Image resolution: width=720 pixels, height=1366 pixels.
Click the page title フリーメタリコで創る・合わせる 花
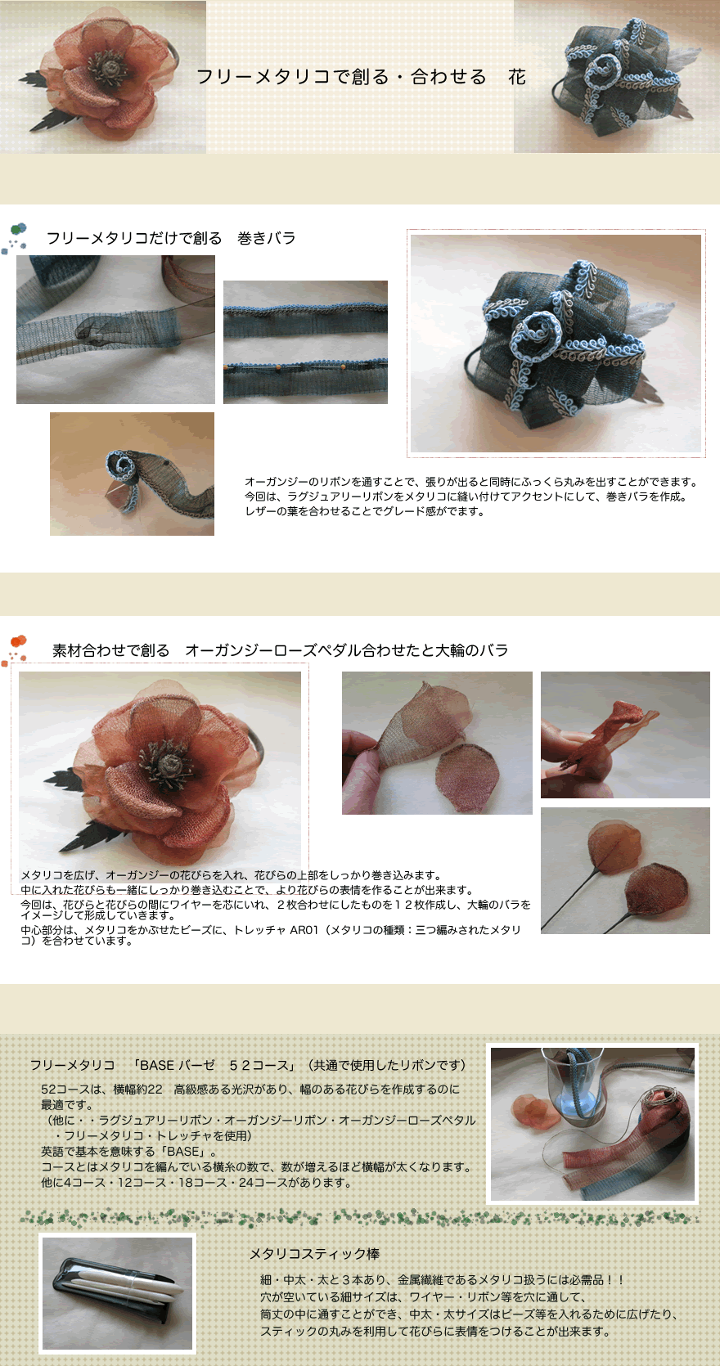[x=361, y=77]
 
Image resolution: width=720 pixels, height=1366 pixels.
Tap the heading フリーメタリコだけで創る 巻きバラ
[x=171, y=238]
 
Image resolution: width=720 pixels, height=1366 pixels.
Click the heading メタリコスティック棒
[x=314, y=1253]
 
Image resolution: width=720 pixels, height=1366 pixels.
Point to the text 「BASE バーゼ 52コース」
[x=216, y=1065]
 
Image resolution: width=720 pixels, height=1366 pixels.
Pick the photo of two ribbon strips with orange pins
[x=306, y=342]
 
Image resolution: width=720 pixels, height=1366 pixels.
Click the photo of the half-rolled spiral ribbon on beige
[x=132, y=474]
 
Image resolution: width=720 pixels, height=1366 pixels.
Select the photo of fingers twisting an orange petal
[x=625, y=735]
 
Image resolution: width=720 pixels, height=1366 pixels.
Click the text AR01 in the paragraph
[x=304, y=930]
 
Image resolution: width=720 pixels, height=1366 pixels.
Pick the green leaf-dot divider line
[x=359, y=1219]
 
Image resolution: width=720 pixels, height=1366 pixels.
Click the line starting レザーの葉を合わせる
[x=365, y=512]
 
